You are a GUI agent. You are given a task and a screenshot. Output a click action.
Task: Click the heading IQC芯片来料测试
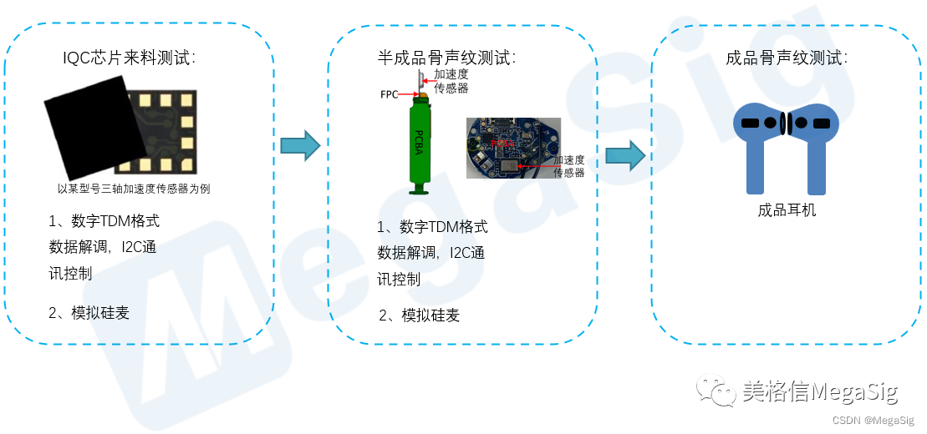(x=130, y=58)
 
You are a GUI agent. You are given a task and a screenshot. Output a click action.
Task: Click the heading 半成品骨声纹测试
(x=446, y=58)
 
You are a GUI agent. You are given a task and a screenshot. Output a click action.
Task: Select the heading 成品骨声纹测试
(x=787, y=58)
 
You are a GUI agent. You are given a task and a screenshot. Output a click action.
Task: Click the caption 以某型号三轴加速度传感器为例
(x=134, y=189)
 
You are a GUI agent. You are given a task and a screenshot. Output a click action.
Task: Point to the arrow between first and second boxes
(x=300, y=147)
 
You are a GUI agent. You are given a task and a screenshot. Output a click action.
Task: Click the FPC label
(x=390, y=94)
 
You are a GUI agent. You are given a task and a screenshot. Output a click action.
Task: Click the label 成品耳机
(x=787, y=210)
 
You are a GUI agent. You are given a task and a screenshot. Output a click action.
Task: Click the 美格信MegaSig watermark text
(x=820, y=391)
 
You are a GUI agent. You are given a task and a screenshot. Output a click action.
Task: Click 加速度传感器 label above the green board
(x=451, y=81)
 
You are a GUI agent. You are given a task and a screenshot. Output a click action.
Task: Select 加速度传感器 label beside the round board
(x=568, y=166)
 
